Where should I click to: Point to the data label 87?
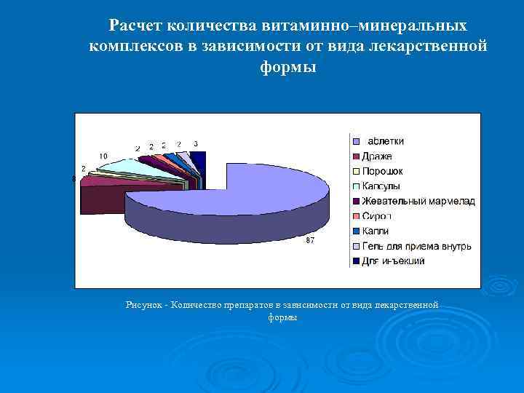(x=310, y=240)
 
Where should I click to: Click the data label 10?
(x=104, y=156)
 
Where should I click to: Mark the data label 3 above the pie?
(x=196, y=143)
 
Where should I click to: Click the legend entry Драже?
(x=377, y=156)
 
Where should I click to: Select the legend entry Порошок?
(x=382, y=171)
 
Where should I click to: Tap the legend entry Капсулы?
(x=382, y=186)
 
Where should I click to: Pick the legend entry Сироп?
(x=377, y=216)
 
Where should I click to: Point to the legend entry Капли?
(x=376, y=231)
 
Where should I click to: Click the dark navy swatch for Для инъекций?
(x=356, y=261)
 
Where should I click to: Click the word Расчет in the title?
(x=135, y=26)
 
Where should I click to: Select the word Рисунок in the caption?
(x=142, y=305)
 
